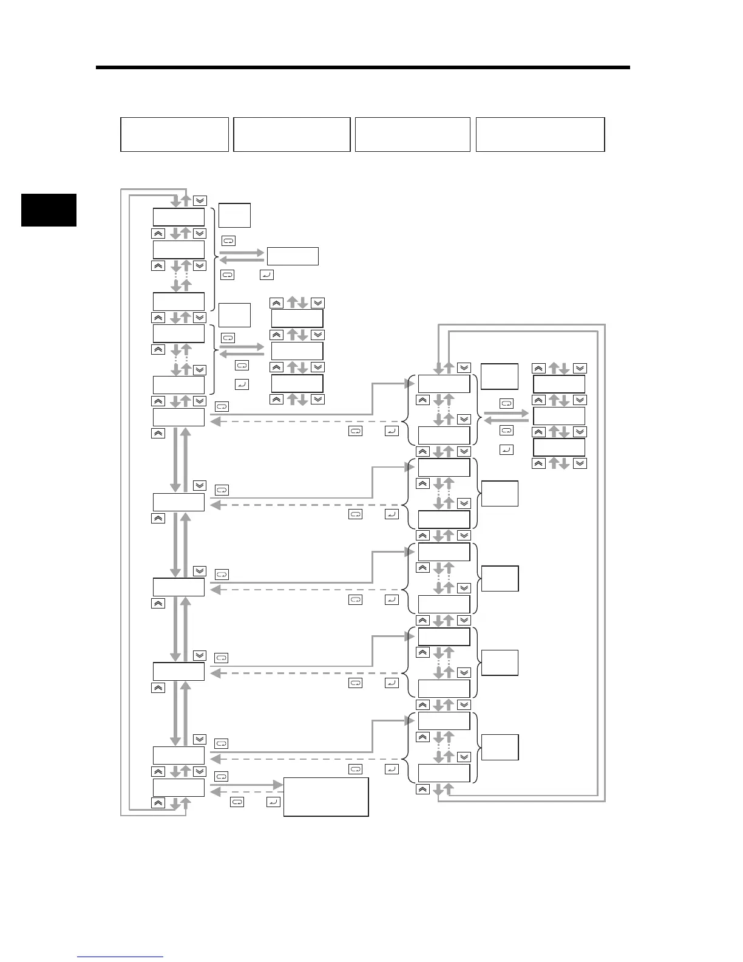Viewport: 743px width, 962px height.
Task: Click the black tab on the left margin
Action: pos(49,210)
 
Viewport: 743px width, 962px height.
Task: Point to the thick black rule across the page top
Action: pos(362,67)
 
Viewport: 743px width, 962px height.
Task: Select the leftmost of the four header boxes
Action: pos(175,134)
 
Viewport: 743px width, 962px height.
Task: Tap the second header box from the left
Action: pos(292,134)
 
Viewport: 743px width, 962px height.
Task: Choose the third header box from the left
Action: pos(413,134)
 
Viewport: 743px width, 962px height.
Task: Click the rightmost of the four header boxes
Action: pos(540,134)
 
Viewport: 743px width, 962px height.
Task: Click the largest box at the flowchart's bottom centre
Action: pos(326,797)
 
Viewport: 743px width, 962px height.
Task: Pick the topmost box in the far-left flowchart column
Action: pos(178,217)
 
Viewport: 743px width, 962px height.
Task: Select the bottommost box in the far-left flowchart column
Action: pos(178,788)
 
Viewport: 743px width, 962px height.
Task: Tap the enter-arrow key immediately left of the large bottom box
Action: pos(273,802)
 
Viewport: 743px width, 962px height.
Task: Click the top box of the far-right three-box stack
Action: pos(559,384)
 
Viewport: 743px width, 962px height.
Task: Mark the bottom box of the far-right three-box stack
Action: pos(559,447)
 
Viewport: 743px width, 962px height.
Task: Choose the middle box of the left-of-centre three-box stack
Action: pos(297,350)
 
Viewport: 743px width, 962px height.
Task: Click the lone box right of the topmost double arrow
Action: pos(293,256)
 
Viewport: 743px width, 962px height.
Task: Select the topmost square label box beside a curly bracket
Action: pos(234,216)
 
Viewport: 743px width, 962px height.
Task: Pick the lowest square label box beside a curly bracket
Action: pos(500,747)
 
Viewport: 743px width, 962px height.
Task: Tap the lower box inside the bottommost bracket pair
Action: pos(444,773)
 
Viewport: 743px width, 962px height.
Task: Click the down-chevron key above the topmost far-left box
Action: pos(200,201)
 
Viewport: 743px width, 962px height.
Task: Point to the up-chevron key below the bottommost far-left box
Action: pos(157,803)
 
